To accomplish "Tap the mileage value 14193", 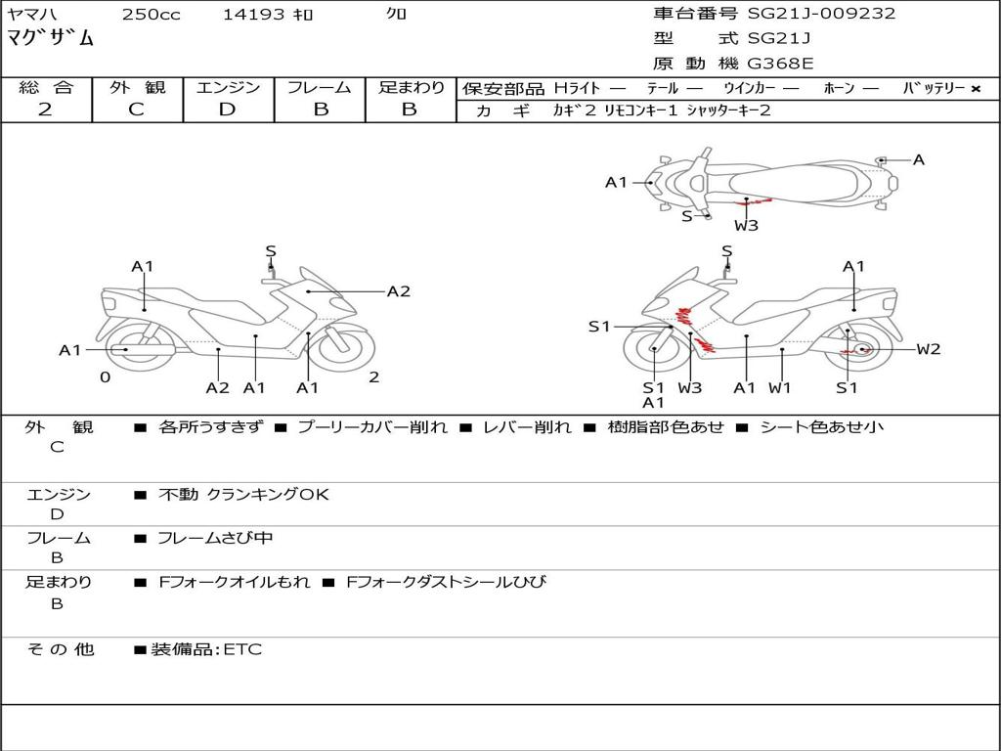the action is (x=254, y=15).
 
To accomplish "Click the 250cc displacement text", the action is (x=151, y=15).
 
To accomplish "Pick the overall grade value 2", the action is (x=45, y=110).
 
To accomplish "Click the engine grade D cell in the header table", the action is (x=228, y=110).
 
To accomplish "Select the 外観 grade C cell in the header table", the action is (x=136, y=110).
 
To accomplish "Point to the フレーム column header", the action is (x=320, y=88).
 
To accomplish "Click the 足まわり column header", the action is (x=411, y=88).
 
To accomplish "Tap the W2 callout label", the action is (x=928, y=349).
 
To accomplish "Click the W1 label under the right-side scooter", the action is (x=779, y=387).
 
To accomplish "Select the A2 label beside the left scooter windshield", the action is (x=398, y=290).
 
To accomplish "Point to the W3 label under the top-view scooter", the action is (x=746, y=226).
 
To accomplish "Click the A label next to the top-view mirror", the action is (x=918, y=159).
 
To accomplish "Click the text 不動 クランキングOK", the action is (x=243, y=495).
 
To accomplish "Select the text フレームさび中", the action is (x=215, y=538).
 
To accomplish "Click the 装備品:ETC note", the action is (x=205, y=649).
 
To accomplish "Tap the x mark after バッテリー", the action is (x=976, y=89).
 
